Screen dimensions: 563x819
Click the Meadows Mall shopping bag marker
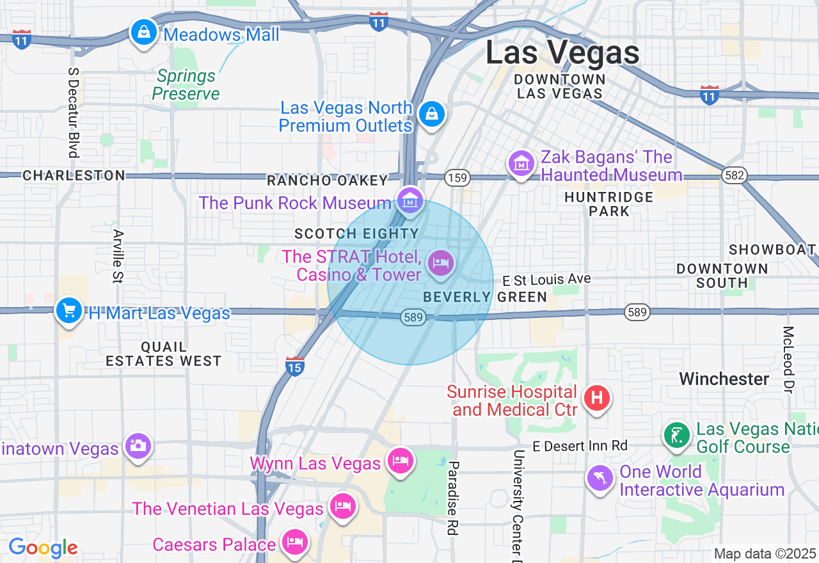[144, 31]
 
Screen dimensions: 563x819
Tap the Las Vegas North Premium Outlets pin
[432, 115]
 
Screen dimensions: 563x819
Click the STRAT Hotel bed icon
[440, 262]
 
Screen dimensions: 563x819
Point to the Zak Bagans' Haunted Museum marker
[521, 164]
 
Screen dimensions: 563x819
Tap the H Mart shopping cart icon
[68, 311]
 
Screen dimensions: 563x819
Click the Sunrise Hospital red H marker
[596, 397]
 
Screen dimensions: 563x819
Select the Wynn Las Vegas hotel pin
[400, 461]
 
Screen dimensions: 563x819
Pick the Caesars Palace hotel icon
[294, 542]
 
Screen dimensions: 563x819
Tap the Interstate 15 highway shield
[294, 367]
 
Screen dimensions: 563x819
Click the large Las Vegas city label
[562, 52]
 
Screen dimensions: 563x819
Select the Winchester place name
[724, 379]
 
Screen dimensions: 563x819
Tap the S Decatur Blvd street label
[73, 110]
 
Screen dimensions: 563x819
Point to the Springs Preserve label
[186, 85]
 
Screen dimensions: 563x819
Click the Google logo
[43, 548]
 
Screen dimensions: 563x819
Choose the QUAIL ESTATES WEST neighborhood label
[163, 354]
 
